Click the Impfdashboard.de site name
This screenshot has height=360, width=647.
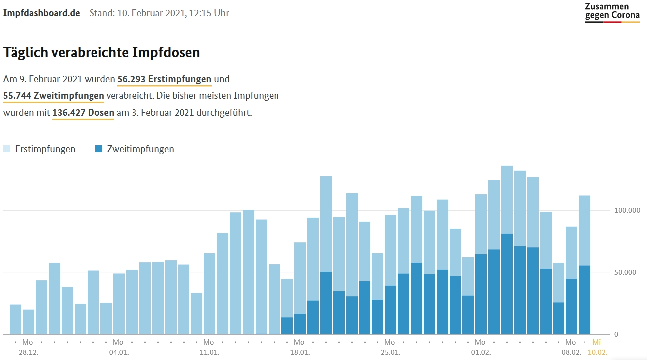42,13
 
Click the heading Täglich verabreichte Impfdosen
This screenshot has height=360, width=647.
101,53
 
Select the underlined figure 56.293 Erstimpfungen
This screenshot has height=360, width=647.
165,79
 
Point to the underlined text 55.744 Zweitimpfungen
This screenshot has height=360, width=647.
54,96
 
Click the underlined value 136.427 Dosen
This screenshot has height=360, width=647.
83,113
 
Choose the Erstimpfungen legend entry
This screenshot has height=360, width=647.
40,149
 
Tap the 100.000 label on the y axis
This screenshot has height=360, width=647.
626,211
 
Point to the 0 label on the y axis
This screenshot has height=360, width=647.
616,334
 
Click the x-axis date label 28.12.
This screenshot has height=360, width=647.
28,352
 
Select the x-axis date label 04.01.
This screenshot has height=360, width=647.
118,352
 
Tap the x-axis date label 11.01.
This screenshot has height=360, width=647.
209,352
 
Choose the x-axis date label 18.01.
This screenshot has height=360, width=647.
299,352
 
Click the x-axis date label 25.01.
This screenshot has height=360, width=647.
390,352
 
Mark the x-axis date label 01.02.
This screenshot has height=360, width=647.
480,352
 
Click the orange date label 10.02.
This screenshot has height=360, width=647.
597,352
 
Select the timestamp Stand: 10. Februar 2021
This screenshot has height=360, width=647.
159,13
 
